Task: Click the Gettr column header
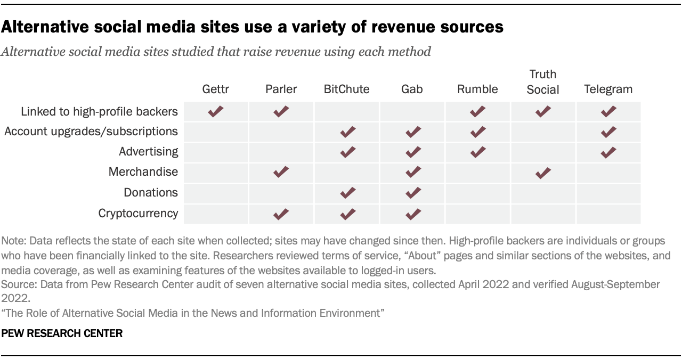click(x=215, y=89)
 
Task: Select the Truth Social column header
click(x=542, y=82)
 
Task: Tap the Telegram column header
click(x=608, y=89)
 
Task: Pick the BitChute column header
click(x=346, y=89)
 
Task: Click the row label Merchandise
click(x=143, y=172)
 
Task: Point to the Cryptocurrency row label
click(x=138, y=214)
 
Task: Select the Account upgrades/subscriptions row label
click(x=91, y=131)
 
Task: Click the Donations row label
click(x=151, y=193)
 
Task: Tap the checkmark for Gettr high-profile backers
click(x=215, y=111)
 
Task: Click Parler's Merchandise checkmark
click(x=281, y=171)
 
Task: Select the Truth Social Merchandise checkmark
click(x=542, y=172)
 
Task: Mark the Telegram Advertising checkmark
click(x=608, y=152)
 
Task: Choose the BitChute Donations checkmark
click(x=347, y=192)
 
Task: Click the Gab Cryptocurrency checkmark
click(x=412, y=214)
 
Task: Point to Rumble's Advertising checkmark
click(x=477, y=152)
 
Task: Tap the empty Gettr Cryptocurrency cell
click(x=215, y=214)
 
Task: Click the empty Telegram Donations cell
click(x=608, y=193)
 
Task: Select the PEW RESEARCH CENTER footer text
click(x=62, y=334)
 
